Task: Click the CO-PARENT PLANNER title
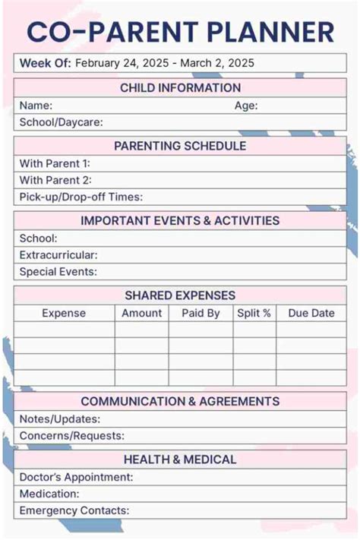[180, 31]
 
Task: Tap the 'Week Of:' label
[45, 63]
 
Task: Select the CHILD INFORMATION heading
[180, 88]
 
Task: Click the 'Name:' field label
[36, 106]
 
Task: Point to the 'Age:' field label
[246, 106]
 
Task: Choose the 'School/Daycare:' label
[61, 122]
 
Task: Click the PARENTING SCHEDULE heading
[180, 146]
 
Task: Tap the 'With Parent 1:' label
[55, 163]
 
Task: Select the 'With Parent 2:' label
[55, 180]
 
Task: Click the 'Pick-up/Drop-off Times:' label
[81, 197]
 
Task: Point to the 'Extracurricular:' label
[58, 254]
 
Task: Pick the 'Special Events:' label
[58, 271]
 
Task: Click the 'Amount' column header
[142, 313]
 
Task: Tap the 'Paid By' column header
[201, 313]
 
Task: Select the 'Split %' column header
[254, 313]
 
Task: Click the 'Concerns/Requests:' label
[71, 436]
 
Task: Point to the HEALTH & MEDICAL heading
[180, 459]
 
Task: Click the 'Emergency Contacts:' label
[74, 510]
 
